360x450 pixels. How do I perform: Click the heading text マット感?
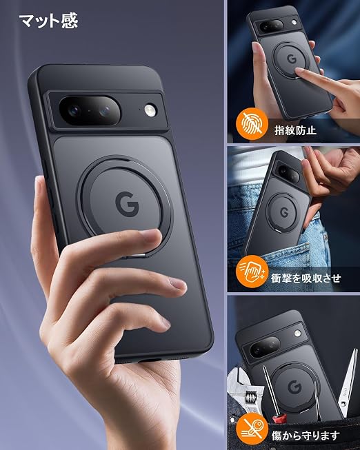(48, 21)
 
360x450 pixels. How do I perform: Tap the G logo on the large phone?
(127, 204)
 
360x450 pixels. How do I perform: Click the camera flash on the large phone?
(150, 110)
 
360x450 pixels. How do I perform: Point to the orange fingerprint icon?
(252, 124)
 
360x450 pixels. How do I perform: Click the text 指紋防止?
(295, 130)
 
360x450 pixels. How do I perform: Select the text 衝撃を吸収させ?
(306, 278)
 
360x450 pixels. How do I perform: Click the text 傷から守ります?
(306, 436)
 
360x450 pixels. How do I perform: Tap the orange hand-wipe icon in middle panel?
(252, 272)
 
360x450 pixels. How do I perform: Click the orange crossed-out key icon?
(252, 429)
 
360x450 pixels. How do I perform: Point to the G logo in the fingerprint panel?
(292, 59)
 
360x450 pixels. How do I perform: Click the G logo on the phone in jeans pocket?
(284, 212)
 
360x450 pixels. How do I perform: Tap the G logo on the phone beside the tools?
(294, 387)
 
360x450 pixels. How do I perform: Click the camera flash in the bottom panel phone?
(298, 334)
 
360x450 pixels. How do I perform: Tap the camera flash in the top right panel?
(294, 22)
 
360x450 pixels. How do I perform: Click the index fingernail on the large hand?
(152, 235)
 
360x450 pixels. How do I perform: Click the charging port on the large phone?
(150, 360)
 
